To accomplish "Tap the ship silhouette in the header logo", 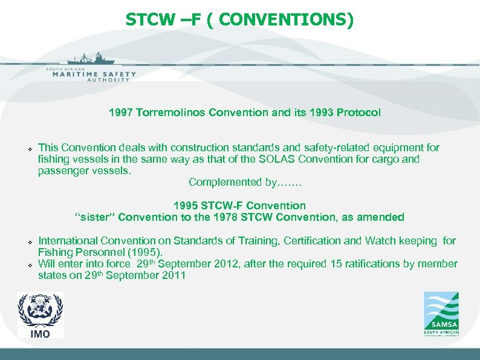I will click(91, 59).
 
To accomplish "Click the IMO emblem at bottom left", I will click(40, 315).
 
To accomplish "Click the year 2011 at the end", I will click(173, 275).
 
